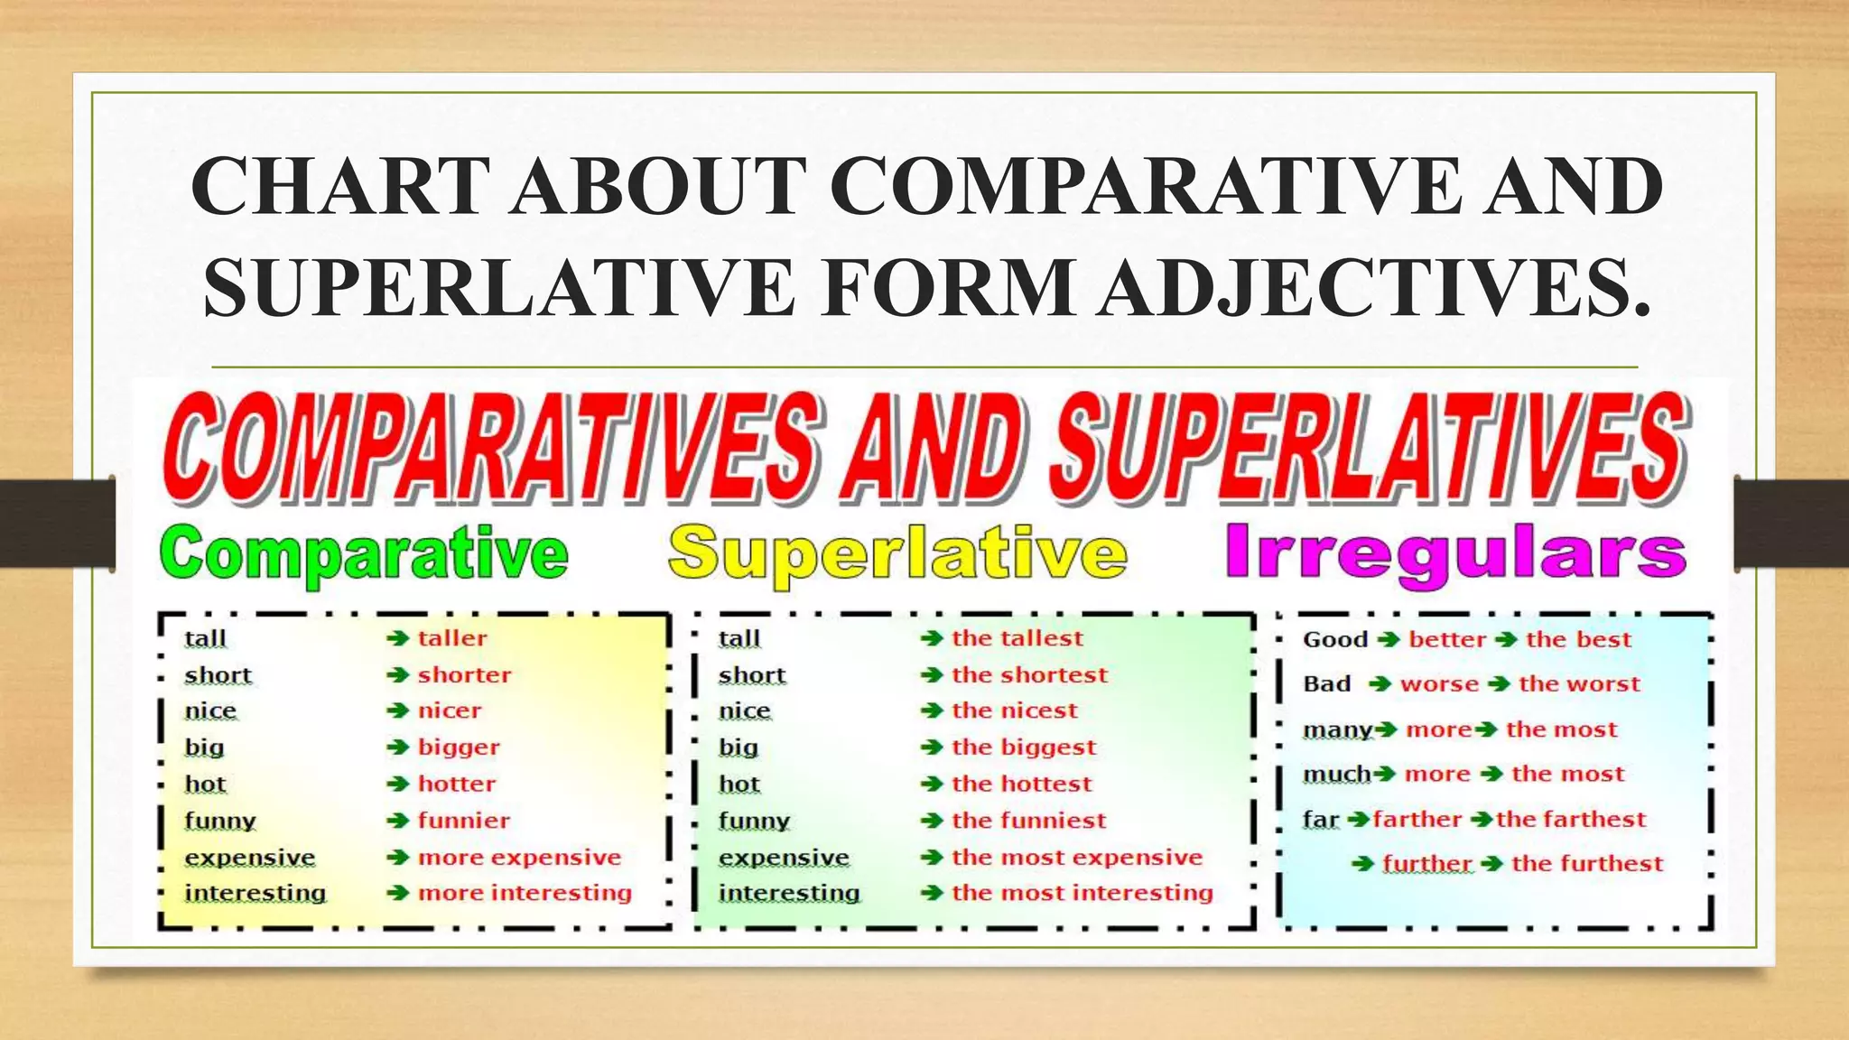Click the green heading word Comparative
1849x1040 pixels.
tap(364, 553)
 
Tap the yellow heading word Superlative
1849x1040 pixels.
tap(897, 553)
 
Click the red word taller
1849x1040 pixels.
tap(452, 638)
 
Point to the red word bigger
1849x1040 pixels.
tap(459, 747)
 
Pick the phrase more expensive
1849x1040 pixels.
tap(519, 857)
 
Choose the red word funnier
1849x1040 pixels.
tap(464, 821)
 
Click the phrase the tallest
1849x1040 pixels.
tap(1017, 638)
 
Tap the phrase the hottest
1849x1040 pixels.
tap(1022, 784)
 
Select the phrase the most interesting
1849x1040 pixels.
tap(1082, 893)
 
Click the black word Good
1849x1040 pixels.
tap(1335, 639)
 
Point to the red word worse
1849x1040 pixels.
tap(1439, 684)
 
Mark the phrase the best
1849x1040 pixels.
tap(1579, 639)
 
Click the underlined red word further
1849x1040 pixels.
tap(1427, 864)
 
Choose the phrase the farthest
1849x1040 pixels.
tap(1571, 819)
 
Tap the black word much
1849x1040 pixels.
tap(1337, 774)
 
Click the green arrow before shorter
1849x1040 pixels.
tap(398, 674)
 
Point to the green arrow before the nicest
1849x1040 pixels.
tap(932, 711)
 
